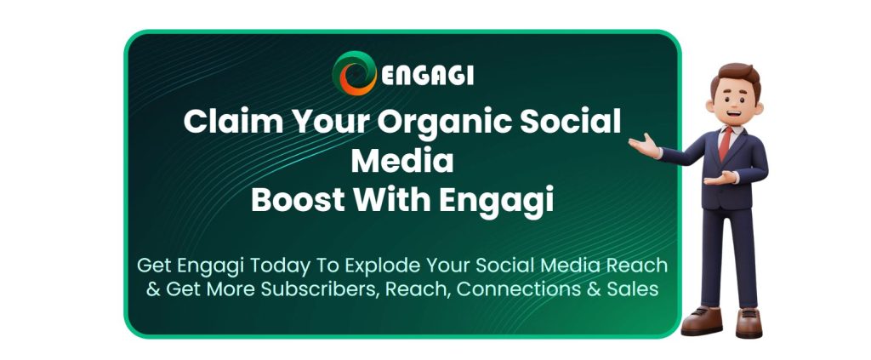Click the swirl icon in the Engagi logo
tap(355, 73)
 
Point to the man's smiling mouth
tap(732, 114)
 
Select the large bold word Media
tap(402, 161)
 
